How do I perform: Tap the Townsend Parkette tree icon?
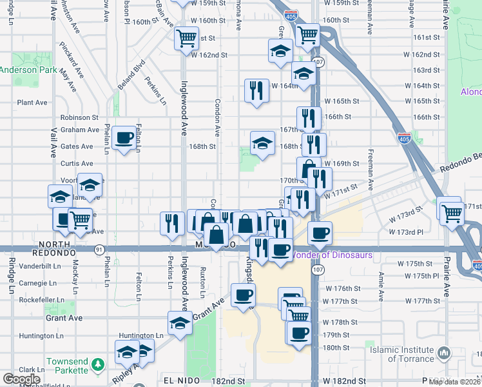(97, 365)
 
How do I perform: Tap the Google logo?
(21, 379)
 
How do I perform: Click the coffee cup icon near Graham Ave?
(124, 137)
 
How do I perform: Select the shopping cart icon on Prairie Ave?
(452, 212)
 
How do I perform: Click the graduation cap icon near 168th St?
(262, 144)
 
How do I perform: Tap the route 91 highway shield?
(99, 249)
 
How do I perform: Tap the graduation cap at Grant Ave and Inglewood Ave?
(180, 324)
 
